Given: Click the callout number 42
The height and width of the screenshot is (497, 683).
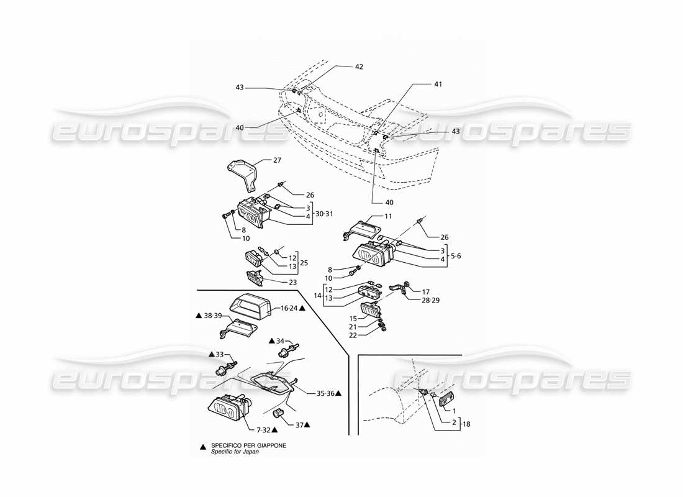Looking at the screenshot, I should [359, 66].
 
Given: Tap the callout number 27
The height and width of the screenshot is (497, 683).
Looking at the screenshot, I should [277, 160].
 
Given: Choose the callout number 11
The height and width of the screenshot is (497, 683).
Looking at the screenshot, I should [387, 216].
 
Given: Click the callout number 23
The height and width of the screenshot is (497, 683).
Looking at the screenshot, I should [292, 281].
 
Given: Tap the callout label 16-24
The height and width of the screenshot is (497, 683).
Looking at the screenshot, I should [289, 308].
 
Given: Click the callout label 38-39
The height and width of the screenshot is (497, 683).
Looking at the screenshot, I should [212, 316].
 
